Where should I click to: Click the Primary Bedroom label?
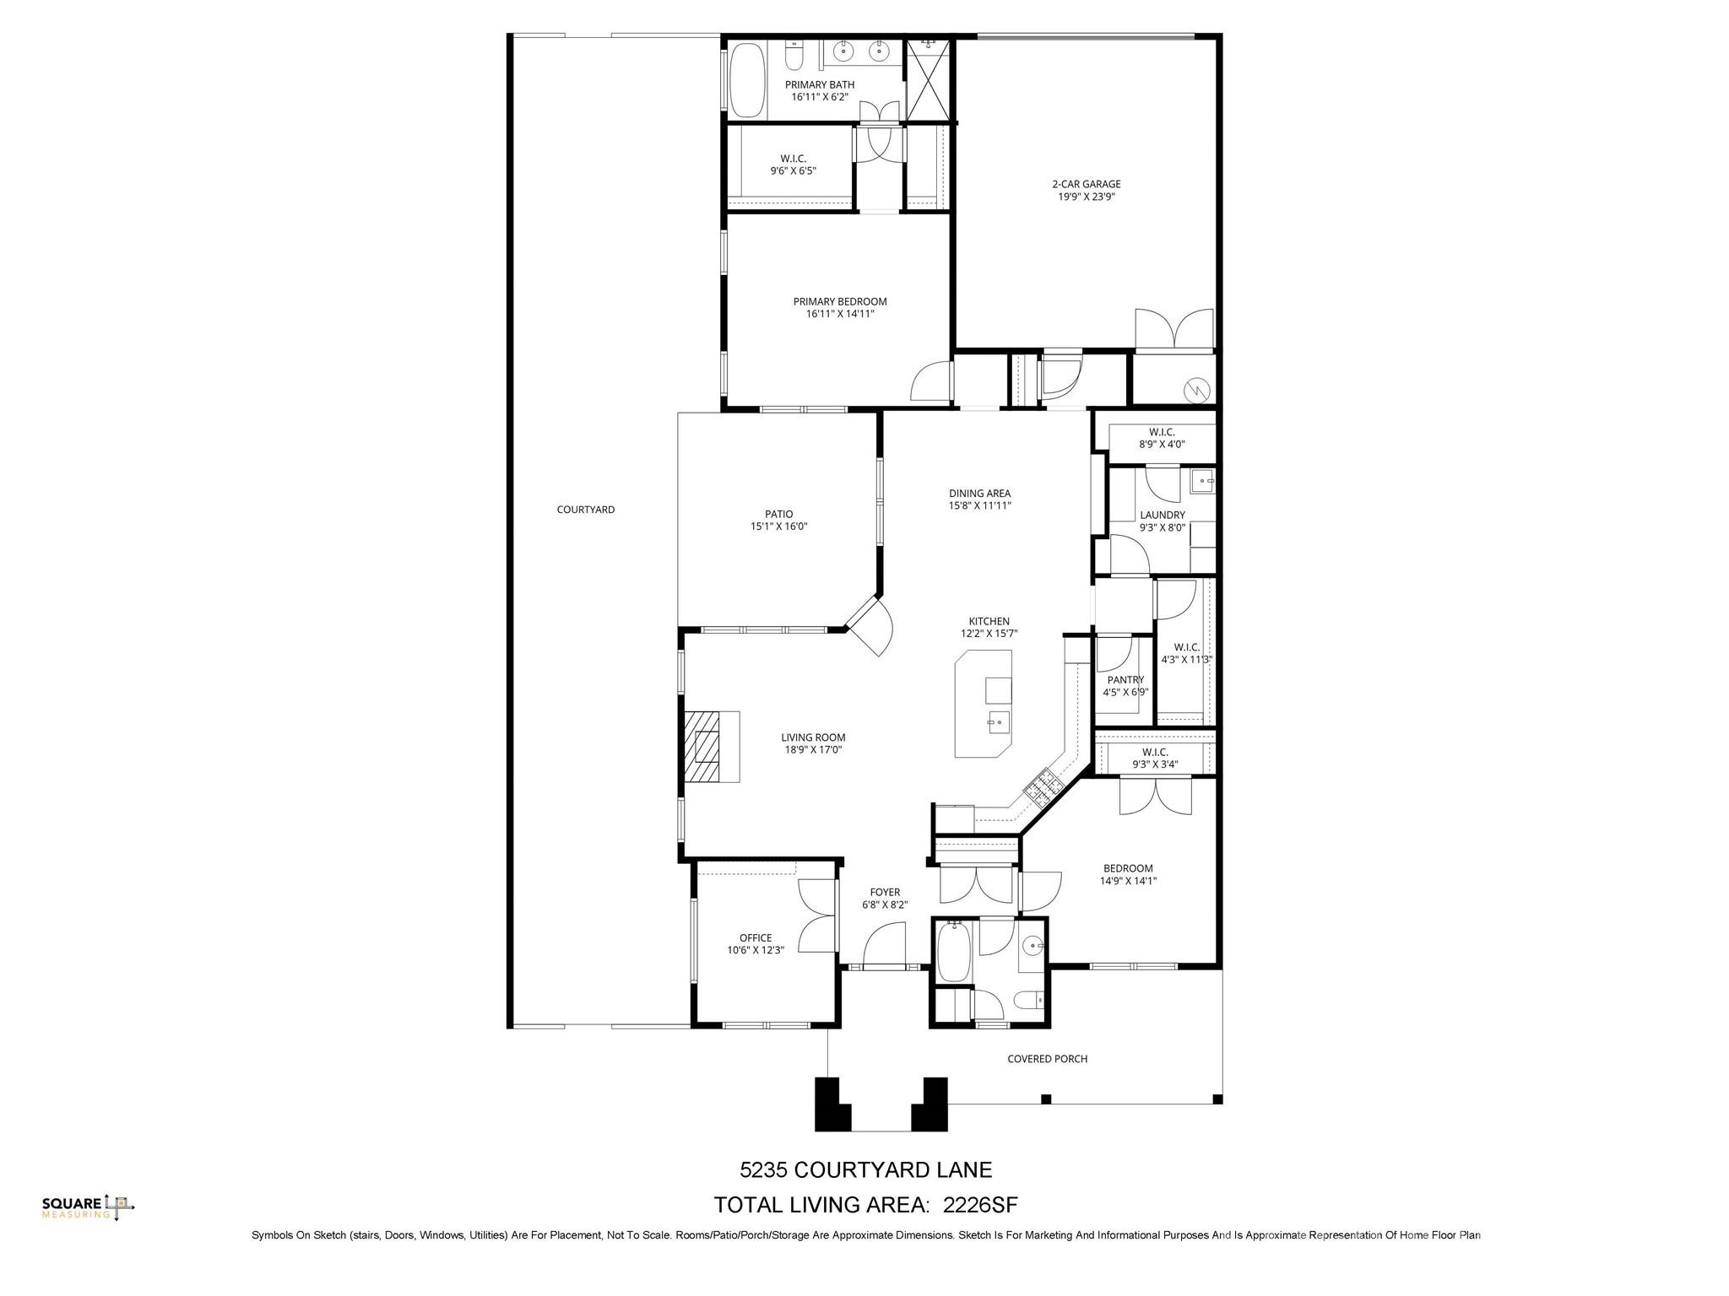click(x=839, y=301)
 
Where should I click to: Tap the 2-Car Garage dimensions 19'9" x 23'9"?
click(x=1086, y=197)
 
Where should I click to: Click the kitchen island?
click(x=983, y=704)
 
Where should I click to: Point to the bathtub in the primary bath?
click(x=746, y=79)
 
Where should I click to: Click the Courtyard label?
click(x=585, y=510)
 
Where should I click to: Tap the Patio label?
click(x=778, y=514)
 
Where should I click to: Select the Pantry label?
click(x=1125, y=680)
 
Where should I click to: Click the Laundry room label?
click(x=1162, y=515)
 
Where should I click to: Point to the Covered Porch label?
click(x=1047, y=1059)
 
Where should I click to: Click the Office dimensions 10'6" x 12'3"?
click(x=756, y=950)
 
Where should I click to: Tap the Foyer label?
click(x=885, y=892)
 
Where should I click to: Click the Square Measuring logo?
click(x=88, y=1207)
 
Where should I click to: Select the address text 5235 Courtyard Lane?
click(x=865, y=1170)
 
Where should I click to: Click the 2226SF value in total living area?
click(x=980, y=1204)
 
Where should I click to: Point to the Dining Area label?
click(x=979, y=494)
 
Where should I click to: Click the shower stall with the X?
click(x=928, y=80)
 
